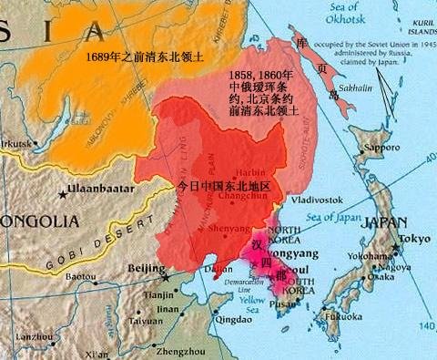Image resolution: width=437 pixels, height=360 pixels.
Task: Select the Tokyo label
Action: tap(414, 239)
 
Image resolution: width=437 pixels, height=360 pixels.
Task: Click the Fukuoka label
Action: tap(345, 315)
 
